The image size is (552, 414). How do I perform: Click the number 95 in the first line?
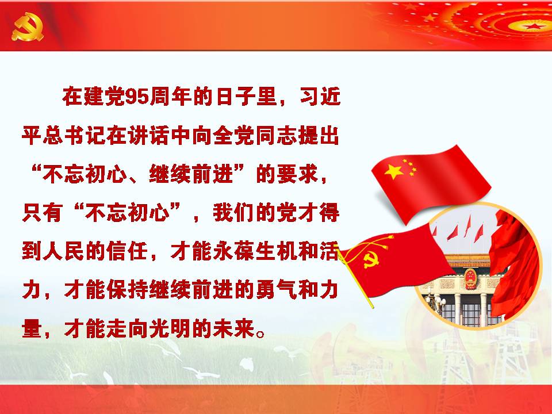(137, 96)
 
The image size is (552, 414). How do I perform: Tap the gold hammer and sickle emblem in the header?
(28, 27)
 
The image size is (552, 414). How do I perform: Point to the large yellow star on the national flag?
(394, 171)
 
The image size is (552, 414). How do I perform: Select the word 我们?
(233, 212)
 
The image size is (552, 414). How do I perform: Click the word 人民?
(64, 251)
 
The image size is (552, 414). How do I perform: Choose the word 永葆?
(233, 251)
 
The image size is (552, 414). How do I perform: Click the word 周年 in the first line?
(171, 96)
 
